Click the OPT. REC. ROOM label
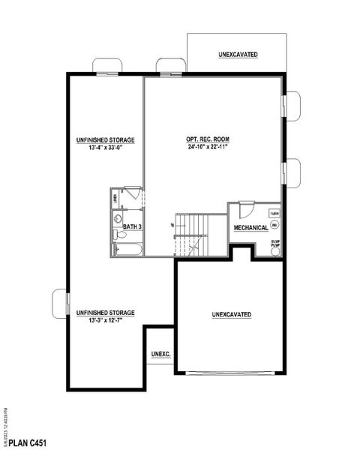pos(207,139)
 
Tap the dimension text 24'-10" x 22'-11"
pos(207,148)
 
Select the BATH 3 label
pos(133,225)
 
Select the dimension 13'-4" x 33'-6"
pos(104,148)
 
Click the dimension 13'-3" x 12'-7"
pos(105,320)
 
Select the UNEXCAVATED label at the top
pos(238,55)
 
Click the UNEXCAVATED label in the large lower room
pos(231,313)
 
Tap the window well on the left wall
pos(58,303)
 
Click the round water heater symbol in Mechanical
pos(274,224)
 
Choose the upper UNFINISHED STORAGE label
pos(105,140)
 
